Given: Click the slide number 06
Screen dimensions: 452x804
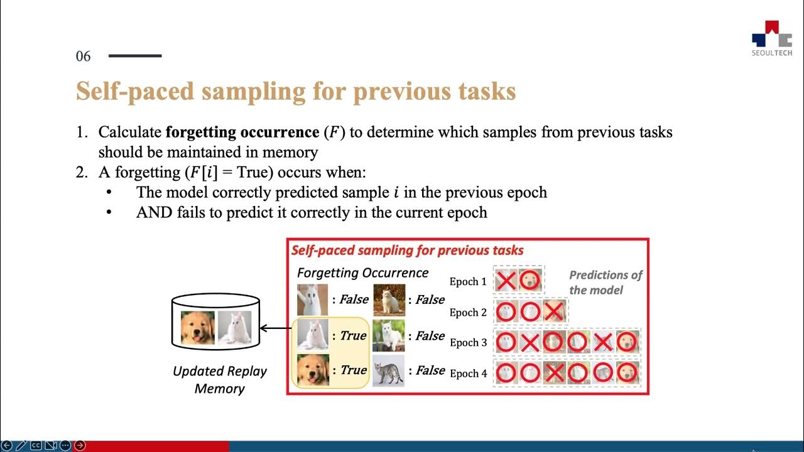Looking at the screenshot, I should point(84,56).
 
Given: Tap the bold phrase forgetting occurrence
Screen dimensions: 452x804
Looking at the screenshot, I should point(242,132).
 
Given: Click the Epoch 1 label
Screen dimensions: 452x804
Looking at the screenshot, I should point(468,281).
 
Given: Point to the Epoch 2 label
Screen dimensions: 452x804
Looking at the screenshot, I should point(468,313).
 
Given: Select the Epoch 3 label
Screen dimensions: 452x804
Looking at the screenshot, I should point(468,343).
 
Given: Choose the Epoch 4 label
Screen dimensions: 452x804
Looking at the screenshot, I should point(468,374).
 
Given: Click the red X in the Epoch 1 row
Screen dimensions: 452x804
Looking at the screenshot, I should point(506,280).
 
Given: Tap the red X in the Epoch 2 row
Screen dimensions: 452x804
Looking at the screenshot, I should point(554,311).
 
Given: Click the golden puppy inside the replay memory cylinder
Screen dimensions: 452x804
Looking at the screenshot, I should point(197,328).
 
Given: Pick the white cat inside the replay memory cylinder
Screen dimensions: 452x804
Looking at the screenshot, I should point(234,328).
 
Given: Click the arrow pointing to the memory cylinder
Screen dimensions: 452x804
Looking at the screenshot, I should point(276,328).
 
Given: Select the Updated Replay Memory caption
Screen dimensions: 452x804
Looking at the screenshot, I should point(219,380).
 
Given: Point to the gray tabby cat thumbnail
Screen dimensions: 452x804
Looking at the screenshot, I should point(388,370).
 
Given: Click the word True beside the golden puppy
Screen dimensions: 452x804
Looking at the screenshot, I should point(353,370).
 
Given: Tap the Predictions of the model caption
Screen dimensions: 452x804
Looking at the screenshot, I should point(605,282).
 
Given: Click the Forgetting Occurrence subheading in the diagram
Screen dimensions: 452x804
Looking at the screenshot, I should point(362,273).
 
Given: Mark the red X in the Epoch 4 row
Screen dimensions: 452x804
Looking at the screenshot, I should point(554,373).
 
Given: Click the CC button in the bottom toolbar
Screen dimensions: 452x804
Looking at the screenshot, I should point(36,446).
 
